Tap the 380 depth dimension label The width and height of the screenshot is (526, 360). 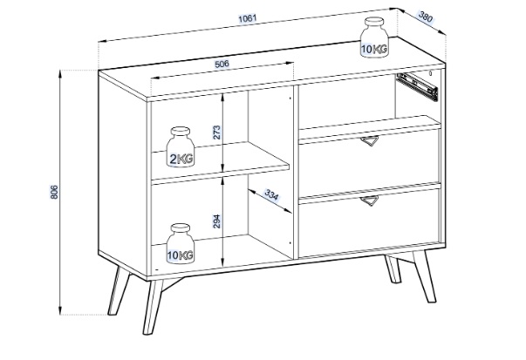427,16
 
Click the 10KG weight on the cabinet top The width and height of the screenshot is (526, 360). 375,37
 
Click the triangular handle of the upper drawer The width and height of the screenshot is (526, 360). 372,144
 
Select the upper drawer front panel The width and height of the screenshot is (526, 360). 369,160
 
